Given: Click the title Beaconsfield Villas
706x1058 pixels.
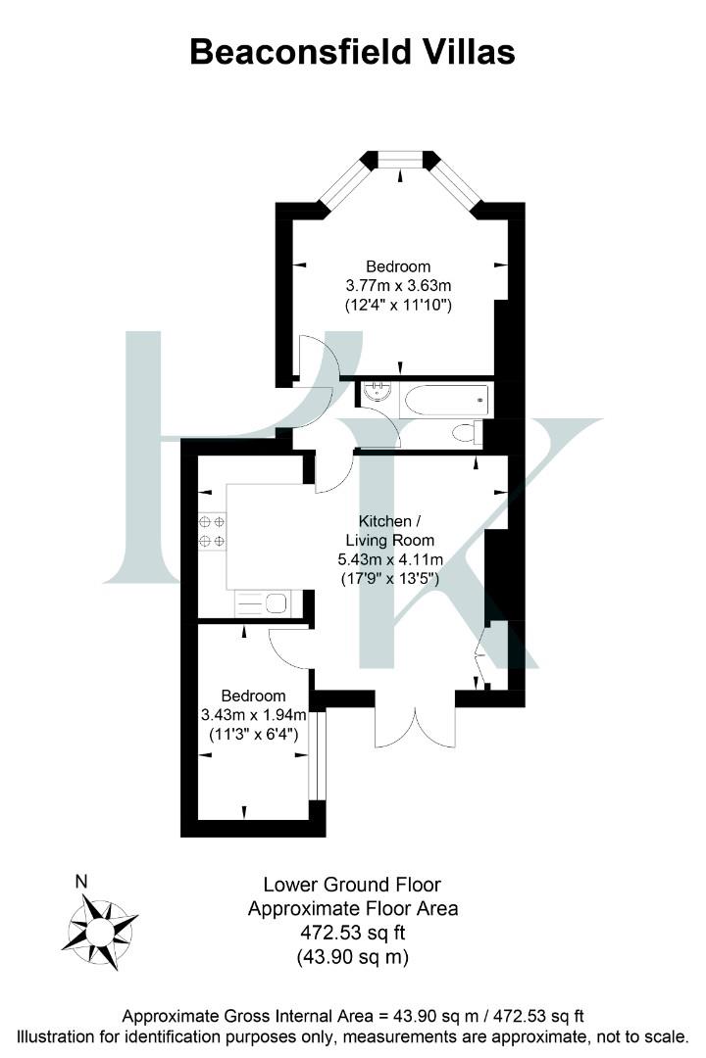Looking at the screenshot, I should coord(352,51).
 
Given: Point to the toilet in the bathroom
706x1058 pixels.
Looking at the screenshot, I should coord(466,432).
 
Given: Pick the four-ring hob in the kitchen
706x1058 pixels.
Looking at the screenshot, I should coord(212,530).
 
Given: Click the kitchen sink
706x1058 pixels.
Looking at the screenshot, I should coord(264,604).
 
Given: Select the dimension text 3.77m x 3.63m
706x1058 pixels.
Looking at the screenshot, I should coord(397,285).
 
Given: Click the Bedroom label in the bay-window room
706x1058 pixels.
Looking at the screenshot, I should coord(398,265).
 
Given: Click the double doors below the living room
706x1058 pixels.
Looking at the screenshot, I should coord(415,720).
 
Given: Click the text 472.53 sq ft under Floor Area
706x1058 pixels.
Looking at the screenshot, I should coord(352,932).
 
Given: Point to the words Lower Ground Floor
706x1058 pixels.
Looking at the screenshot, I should coord(352,885).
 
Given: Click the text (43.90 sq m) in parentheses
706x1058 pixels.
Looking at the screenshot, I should coord(352,955).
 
